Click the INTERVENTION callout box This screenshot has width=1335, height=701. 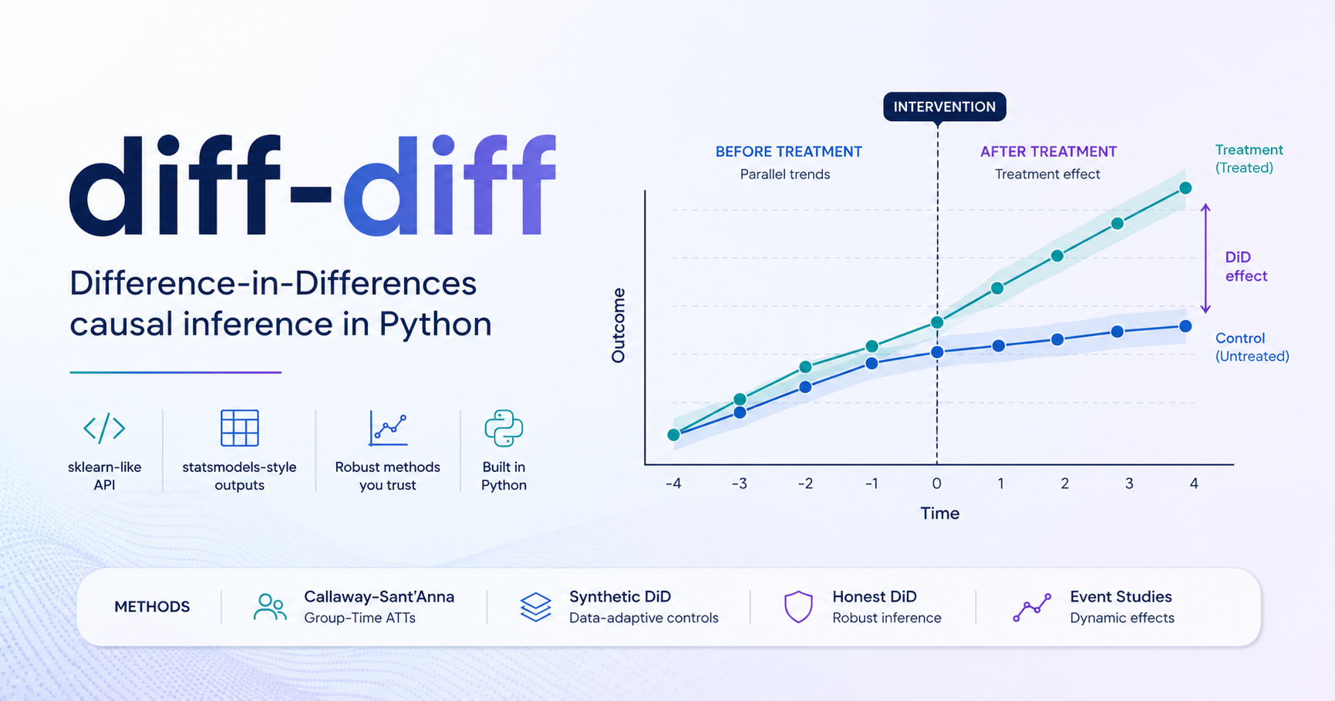(944, 106)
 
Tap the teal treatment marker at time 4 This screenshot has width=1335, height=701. (1185, 188)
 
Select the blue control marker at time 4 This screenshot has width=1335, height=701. (1185, 326)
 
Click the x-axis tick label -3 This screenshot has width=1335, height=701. (739, 484)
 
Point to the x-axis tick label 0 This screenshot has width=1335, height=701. (936, 484)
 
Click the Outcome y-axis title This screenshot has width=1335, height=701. (618, 325)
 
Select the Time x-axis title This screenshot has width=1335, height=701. (939, 513)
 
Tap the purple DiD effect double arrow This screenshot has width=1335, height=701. (1205, 258)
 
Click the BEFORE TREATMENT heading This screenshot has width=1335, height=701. (788, 152)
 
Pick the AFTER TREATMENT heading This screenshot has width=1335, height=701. (1048, 152)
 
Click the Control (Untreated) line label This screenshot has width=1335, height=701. (1251, 347)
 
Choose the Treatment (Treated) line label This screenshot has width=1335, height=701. (1249, 158)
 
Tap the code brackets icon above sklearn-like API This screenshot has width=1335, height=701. (104, 428)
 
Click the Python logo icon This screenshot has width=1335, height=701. (504, 428)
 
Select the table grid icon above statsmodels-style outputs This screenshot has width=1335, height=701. (239, 428)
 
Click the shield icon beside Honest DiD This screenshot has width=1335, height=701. (798, 607)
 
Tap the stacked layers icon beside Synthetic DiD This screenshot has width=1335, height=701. (535, 607)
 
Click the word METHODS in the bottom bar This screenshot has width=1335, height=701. (152, 607)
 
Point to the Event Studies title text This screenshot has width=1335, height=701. (1121, 597)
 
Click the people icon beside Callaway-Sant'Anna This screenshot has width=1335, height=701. (269, 607)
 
